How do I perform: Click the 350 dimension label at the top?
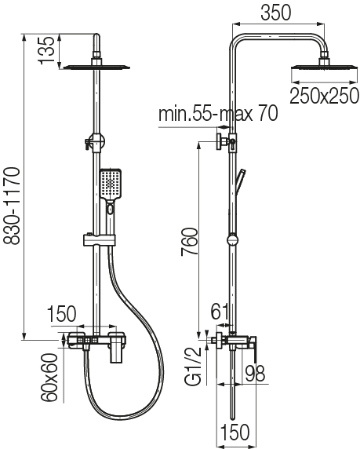coord(275,13)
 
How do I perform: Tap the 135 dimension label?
coord(47,49)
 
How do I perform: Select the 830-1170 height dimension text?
coord(12,206)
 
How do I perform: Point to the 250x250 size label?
coord(324,96)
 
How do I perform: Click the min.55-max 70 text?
coord(218,114)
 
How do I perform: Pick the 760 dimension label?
coord(190,242)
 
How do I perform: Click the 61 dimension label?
coord(220,312)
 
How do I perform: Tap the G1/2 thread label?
coord(194,367)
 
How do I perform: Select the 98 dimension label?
coord(255,373)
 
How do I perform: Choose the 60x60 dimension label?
coord(49,378)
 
